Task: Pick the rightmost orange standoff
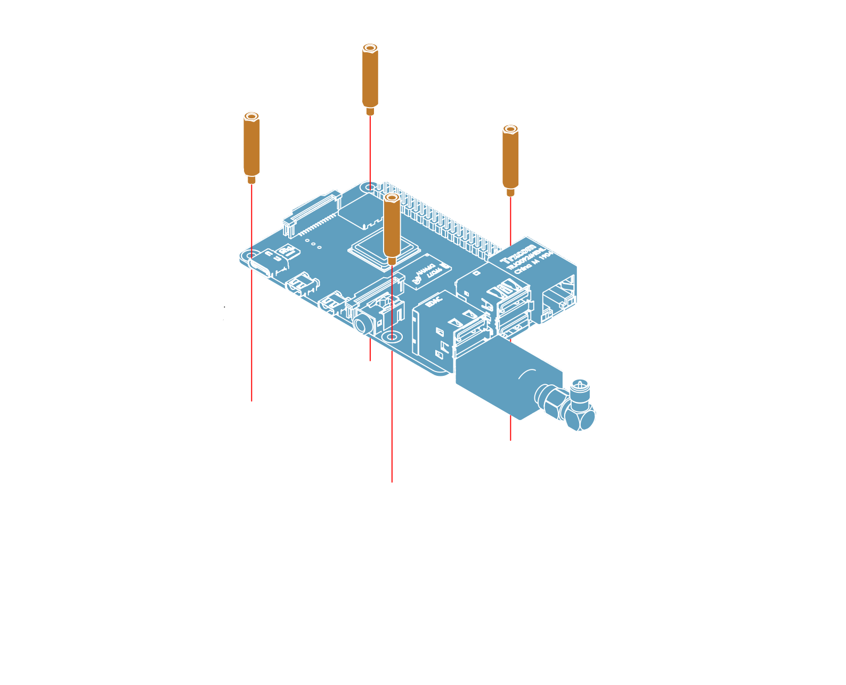(510, 157)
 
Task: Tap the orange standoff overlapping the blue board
(392, 227)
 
